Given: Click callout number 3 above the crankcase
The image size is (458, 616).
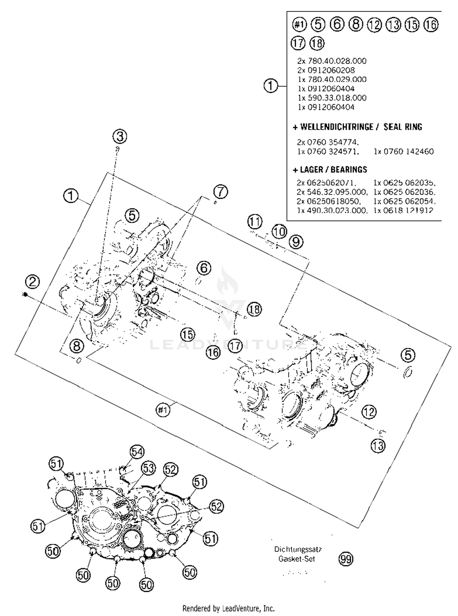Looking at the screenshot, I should coord(120,136).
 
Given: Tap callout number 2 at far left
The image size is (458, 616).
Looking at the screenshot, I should coord(32,281).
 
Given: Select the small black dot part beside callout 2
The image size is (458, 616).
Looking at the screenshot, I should coord(25,294).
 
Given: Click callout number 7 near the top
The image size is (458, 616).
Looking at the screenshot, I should coord(220,192).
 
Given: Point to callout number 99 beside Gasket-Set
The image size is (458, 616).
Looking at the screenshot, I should coord(346,559).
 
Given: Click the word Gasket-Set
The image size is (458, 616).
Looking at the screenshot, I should coord(296,559).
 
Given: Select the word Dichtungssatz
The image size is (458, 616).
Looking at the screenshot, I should coord(298,549).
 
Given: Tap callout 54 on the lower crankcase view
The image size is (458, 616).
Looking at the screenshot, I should coord(137,452).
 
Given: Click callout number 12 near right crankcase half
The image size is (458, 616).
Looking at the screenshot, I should coord(369,412).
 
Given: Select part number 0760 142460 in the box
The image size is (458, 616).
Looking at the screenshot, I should coord(404,151).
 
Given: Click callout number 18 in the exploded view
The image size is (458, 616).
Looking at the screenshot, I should coord(254,309).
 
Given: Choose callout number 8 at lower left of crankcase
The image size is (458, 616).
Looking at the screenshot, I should coord(77,346).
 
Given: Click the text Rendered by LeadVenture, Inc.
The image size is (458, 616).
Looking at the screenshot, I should coord(228,608).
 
